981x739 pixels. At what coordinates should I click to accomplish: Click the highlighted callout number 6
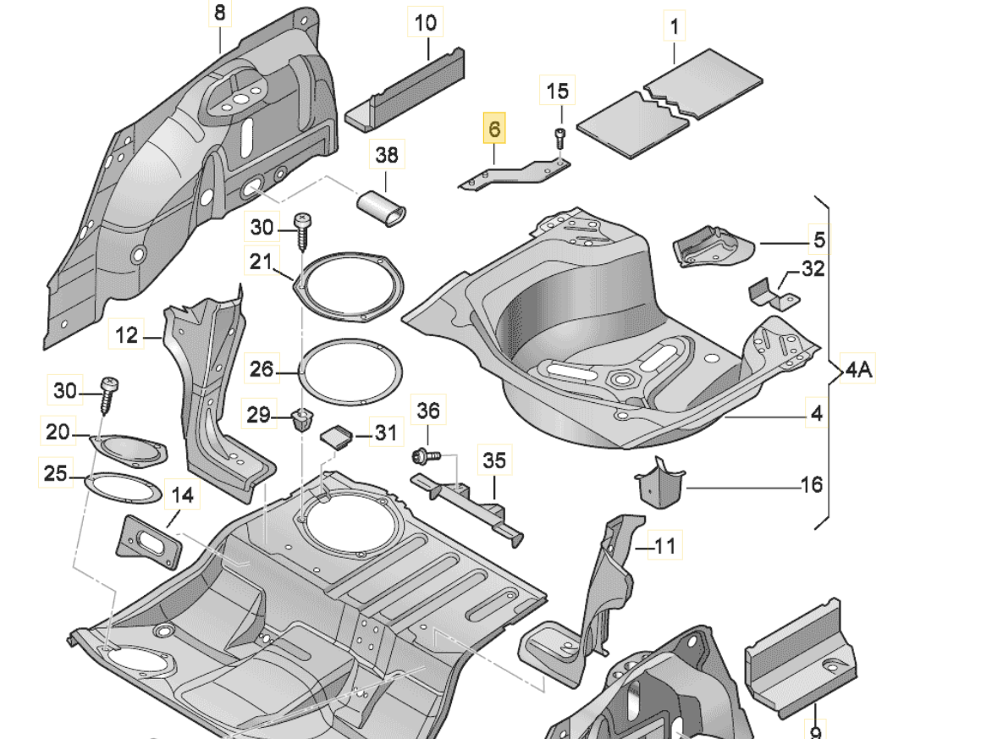[494, 130]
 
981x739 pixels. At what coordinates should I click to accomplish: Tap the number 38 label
[386, 156]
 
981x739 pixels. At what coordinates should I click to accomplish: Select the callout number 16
[811, 485]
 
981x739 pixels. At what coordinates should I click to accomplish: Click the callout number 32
[812, 270]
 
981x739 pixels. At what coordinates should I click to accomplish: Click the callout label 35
[494, 461]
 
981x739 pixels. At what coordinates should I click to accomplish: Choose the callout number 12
[126, 336]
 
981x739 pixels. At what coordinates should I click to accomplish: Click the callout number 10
[426, 22]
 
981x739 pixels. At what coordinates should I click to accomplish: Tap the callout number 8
[219, 14]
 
